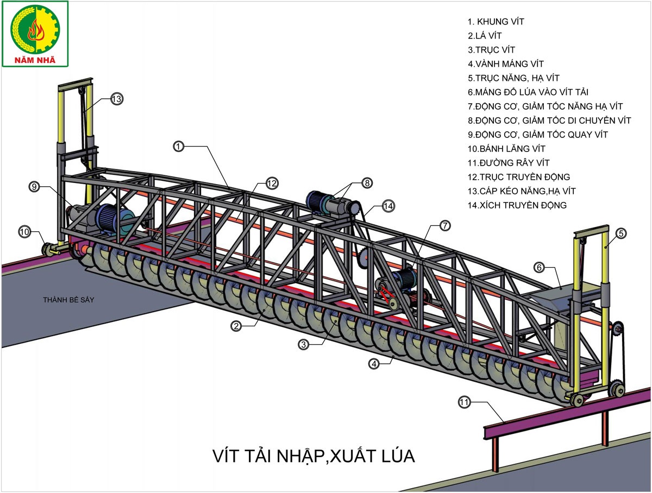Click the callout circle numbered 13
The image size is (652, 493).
(x=117, y=99)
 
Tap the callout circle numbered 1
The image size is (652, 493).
(x=179, y=146)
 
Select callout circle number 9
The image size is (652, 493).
(x=35, y=187)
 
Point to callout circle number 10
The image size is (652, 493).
(x=24, y=231)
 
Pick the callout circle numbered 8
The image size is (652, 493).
(x=367, y=183)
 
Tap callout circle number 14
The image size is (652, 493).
(x=388, y=206)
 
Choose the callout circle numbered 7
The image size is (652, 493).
(x=444, y=225)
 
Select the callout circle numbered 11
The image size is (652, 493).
(x=463, y=402)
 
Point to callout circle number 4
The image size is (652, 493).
(x=373, y=364)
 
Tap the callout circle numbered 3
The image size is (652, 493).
(x=304, y=344)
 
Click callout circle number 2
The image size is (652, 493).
(x=236, y=326)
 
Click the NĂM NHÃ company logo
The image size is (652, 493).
(x=35, y=34)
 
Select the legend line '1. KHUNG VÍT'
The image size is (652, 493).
(x=496, y=22)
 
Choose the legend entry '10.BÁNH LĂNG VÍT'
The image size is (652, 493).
(x=507, y=149)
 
